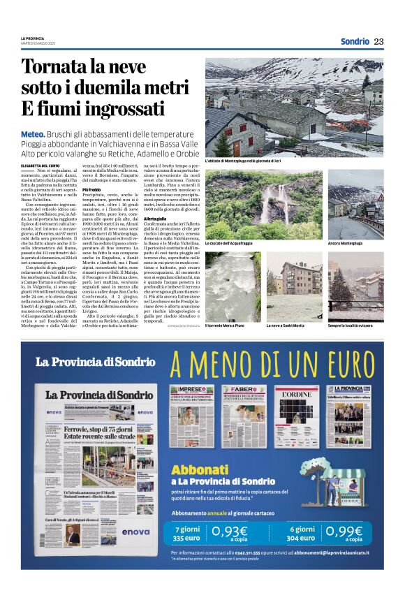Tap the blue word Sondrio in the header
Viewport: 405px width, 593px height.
click(355, 41)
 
